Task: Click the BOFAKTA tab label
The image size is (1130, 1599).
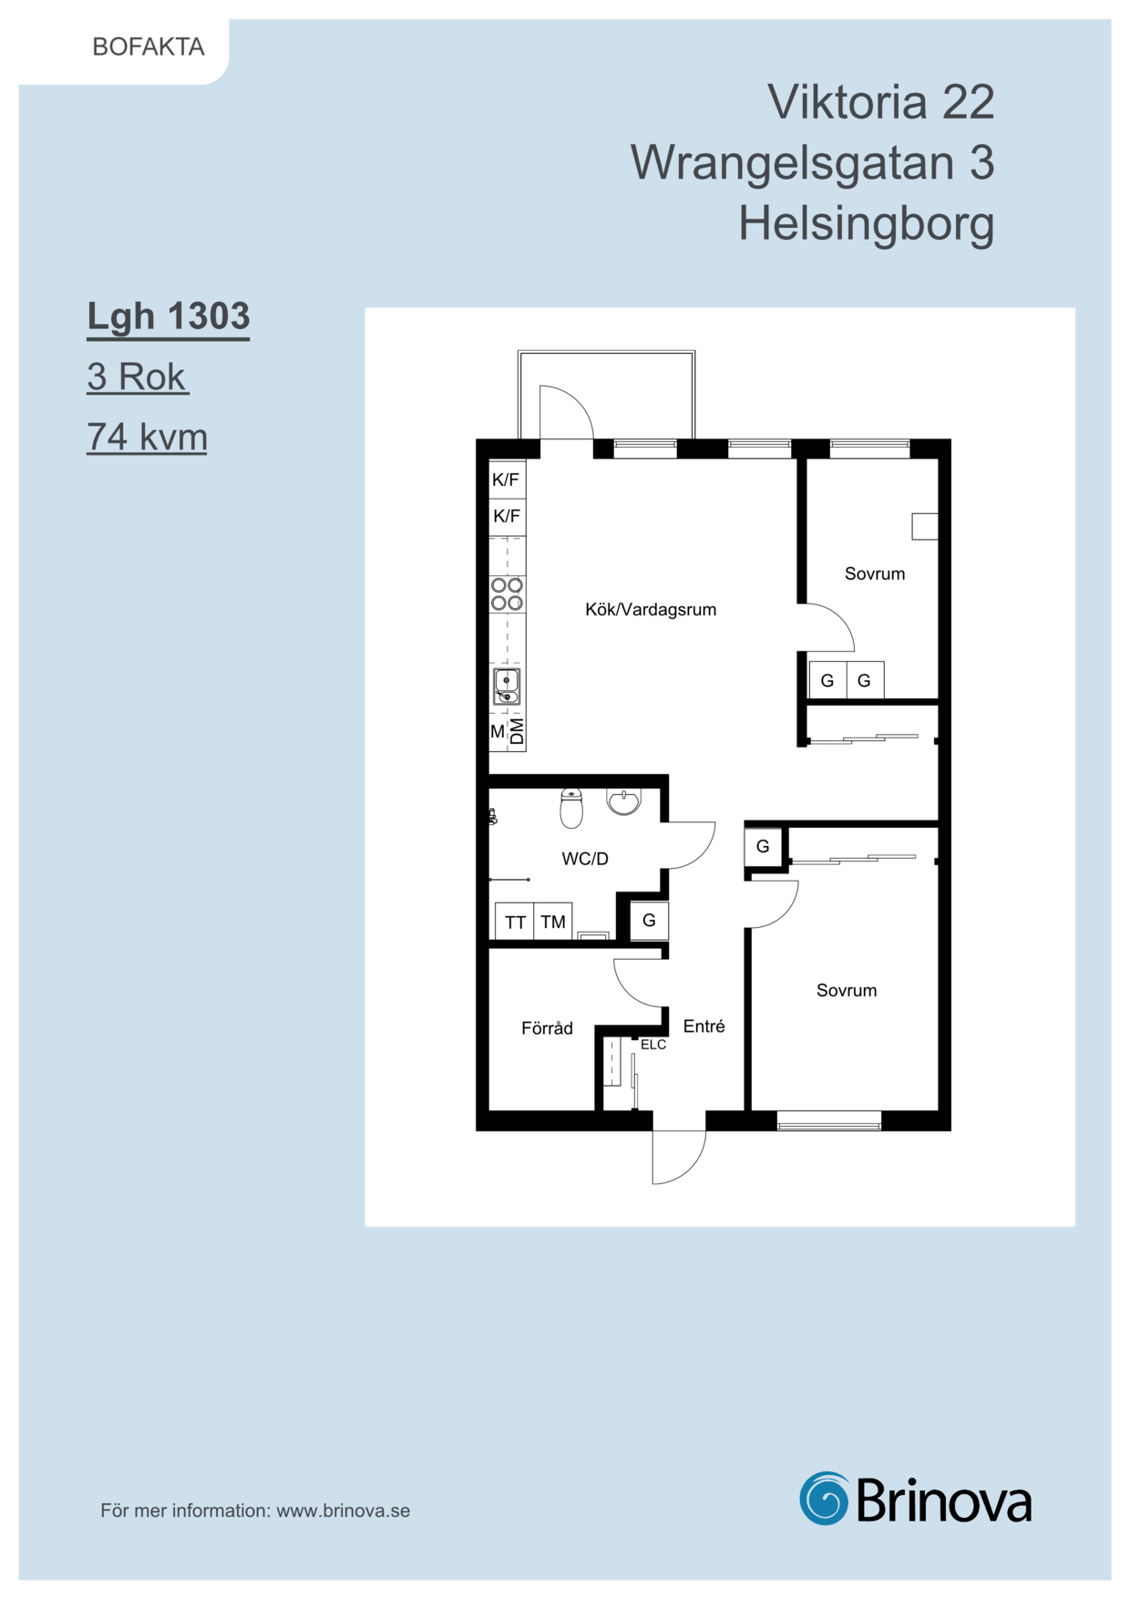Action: [x=149, y=46]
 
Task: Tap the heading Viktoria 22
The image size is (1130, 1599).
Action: [x=880, y=101]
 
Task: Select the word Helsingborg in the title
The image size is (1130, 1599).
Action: [x=866, y=224]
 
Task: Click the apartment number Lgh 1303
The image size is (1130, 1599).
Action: [x=169, y=316]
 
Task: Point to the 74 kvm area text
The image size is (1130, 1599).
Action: [x=148, y=437]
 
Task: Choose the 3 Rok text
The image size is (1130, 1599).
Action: [x=137, y=377]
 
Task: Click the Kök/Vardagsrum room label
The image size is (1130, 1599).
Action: [x=651, y=609]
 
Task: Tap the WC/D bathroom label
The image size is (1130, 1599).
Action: [x=585, y=858]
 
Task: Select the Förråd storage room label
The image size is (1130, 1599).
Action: [x=547, y=1027]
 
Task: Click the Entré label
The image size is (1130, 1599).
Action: [x=704, y=1026]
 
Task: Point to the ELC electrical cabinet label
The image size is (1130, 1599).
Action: [x=653, y=1045]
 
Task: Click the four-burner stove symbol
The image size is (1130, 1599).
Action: [x=508, y=593]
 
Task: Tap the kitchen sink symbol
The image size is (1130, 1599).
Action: [x=507, y=686]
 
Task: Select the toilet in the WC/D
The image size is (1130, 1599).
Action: [x=571, y=808]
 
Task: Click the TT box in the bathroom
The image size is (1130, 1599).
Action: [x=515, y=921]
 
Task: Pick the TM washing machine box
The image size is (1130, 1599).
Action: [x=553, y=921]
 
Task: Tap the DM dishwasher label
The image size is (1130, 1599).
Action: [x=517, y=731]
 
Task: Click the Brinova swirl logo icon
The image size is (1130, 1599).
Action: [x=825, y=1498]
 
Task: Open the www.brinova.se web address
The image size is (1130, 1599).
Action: [x=344, y=1511]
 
